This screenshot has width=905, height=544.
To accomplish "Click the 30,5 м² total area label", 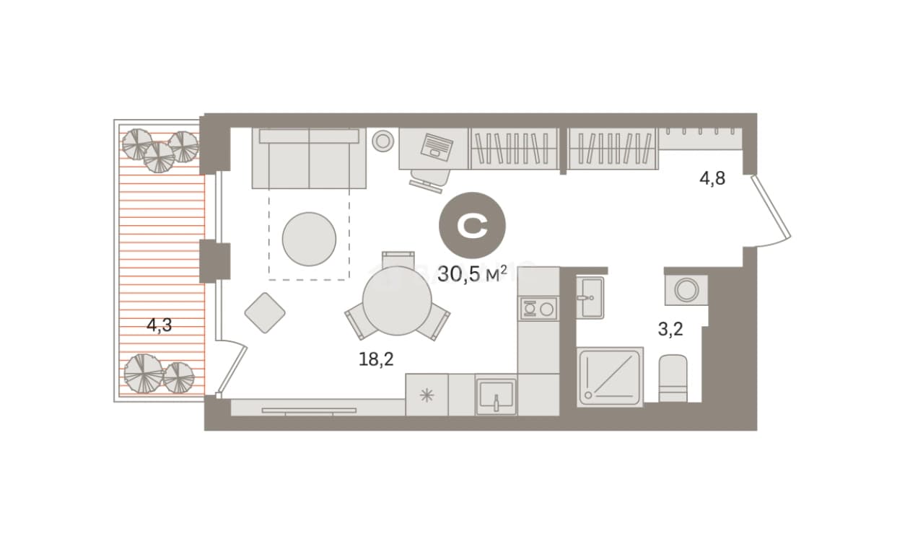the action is pos(472,274).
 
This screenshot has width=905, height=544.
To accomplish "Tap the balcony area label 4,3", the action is pos(159,325).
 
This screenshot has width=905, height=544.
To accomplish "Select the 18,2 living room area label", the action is pos(376,359).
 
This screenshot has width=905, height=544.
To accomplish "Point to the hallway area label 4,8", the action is pos(713,178).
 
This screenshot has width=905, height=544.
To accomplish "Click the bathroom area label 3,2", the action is pos(670,329).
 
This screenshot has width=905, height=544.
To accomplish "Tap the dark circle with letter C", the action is pos(472,225).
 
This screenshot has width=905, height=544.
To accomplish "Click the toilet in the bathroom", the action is pos(673,378).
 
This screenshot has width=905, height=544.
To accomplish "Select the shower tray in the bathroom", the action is pos(610,377).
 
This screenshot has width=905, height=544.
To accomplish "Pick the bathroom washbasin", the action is pos(590,298).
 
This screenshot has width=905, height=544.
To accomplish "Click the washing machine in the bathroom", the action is pos(686,289).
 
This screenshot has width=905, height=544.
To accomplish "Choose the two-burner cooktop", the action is pos(539,309).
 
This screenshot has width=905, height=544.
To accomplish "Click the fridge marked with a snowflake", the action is pos(427,395).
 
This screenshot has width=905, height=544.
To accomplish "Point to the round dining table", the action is pos(397,300).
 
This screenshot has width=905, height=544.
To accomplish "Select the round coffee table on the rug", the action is pos(309,239).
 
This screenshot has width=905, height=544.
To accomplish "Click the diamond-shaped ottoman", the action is pos(265,312).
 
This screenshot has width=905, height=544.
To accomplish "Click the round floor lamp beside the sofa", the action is pos(382,141).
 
